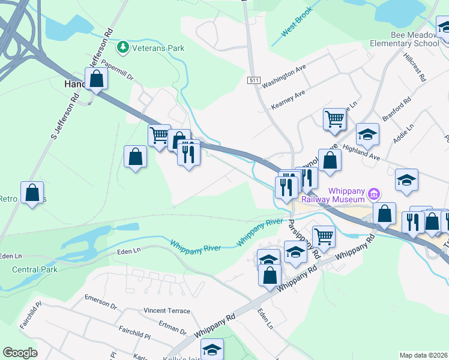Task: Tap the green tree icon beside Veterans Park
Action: pos(123,47)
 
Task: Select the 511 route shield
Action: pos(253,80)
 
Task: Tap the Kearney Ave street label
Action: pos(288,100)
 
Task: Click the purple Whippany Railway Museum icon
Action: pos(374,193)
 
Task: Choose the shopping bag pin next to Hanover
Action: pos(96,79)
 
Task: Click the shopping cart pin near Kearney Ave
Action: pos(334,118)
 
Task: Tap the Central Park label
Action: pos(35,269)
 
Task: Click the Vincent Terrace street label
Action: pos(166,311)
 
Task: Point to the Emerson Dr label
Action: pos(100,298)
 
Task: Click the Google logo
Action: pos(20,353)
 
